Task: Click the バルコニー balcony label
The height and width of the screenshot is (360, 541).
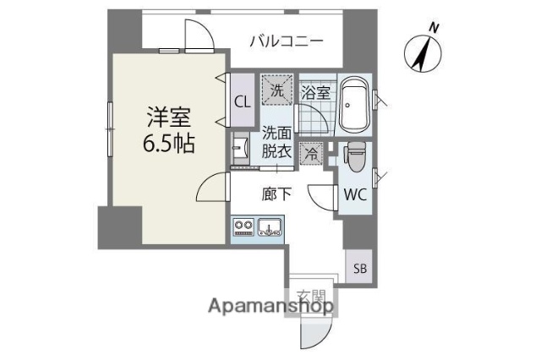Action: (287, 40)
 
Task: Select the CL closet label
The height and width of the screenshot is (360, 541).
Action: (242, 101)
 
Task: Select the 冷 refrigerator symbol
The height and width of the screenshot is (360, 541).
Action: (311, 154)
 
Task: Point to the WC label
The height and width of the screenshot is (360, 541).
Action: (354, 194)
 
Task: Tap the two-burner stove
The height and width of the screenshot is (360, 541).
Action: (243, 226)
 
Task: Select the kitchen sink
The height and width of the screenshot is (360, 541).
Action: (270, 226)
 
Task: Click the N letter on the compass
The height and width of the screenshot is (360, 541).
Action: (434, 28)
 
